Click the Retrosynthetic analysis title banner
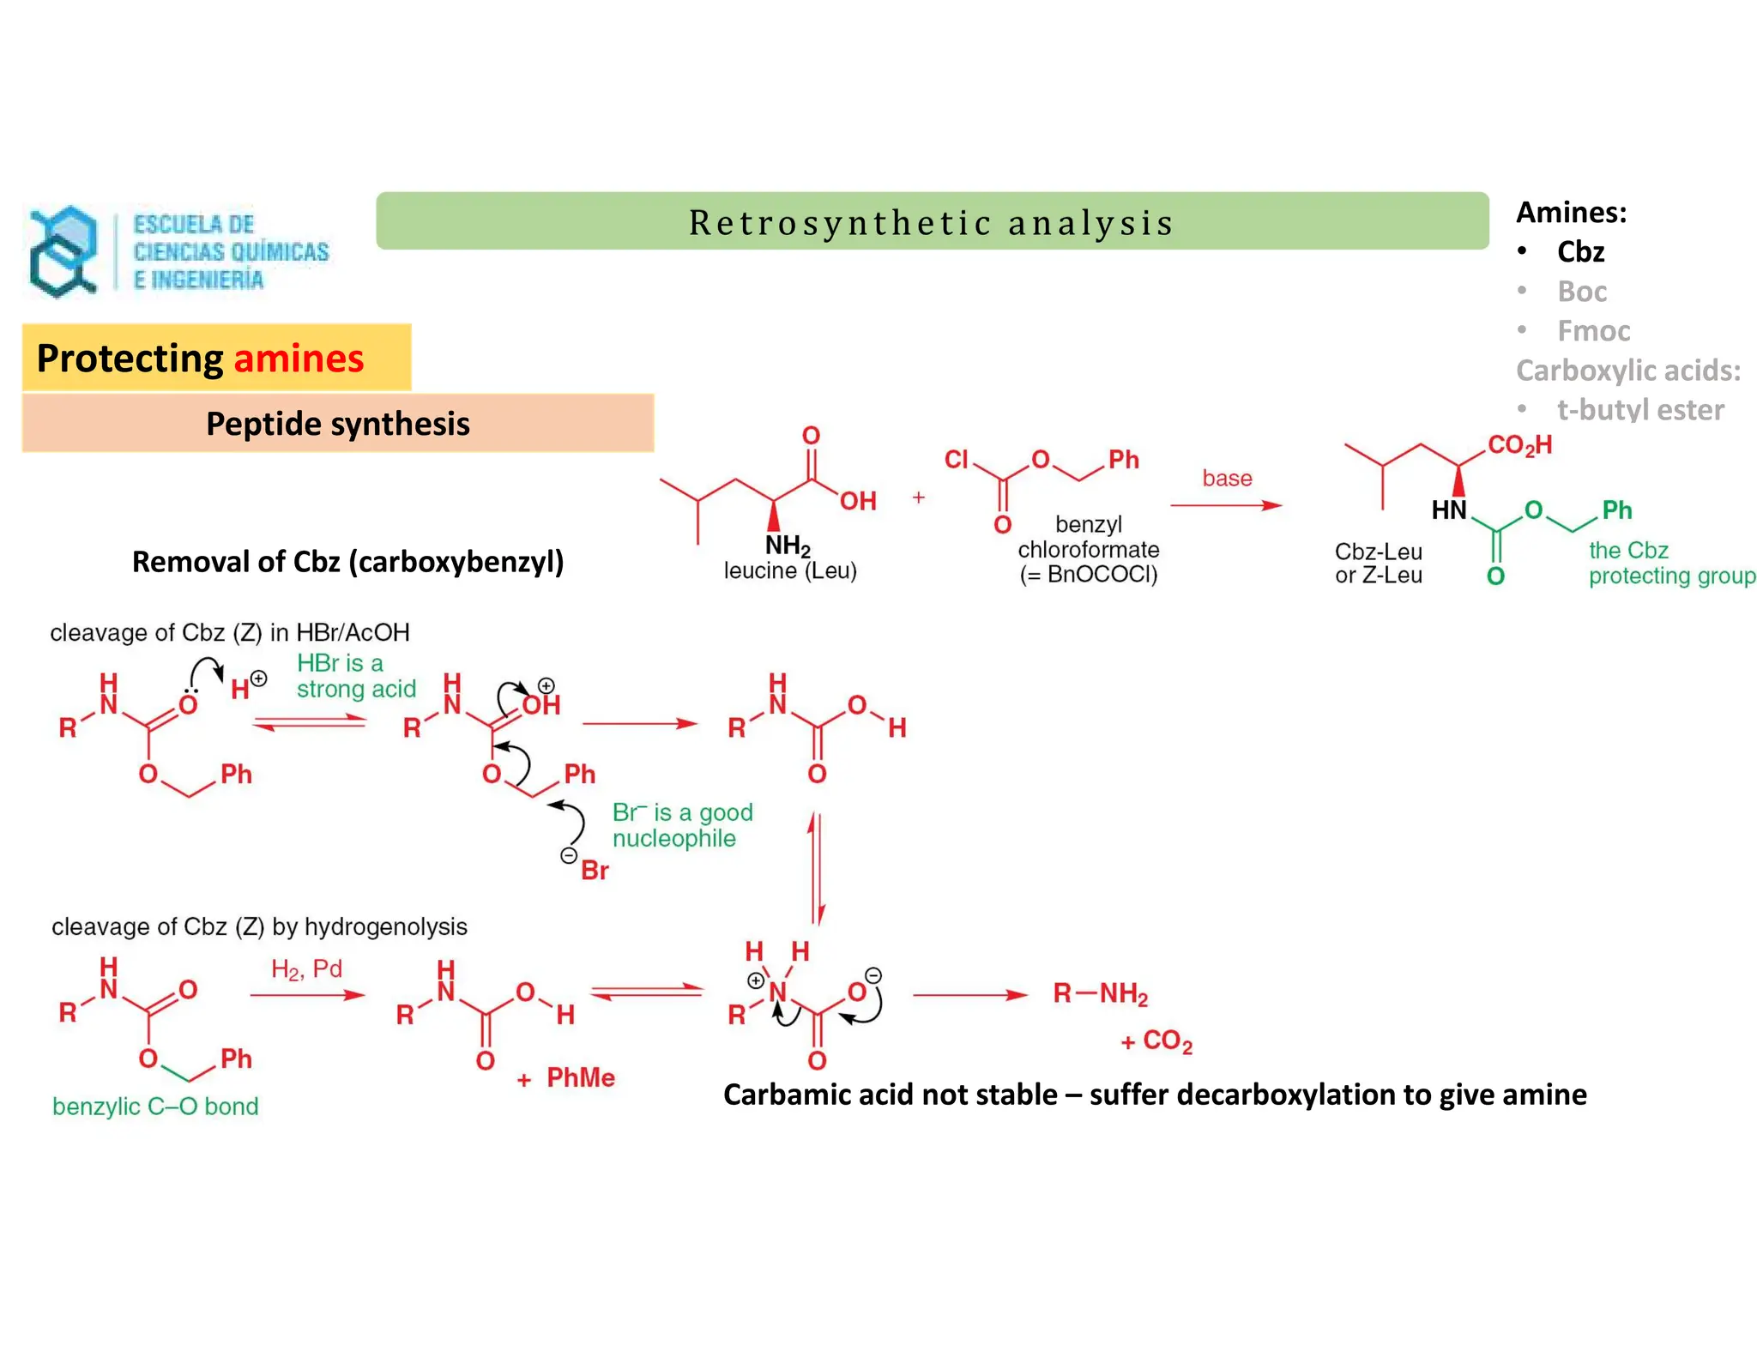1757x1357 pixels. click(x=932, y=222)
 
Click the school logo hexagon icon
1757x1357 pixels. click(x=62, y=251)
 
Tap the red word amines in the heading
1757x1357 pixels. click(x=299, y=359)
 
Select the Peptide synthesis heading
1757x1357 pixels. click(x=337, y=424)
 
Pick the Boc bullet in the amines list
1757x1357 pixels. click(x=1581, y=292)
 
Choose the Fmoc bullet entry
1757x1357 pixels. click(x=1593, y=331)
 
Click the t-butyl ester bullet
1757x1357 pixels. click(x=1639, y=410)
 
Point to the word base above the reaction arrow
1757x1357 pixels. click(x=1227, y=479)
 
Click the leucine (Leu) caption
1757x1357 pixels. click(x=790, y=571)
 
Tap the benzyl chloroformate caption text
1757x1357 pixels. click(x=1088, y=549)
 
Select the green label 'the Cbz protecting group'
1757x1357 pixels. click(x=1669, y=563)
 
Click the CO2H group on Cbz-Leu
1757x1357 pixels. click(x=1519, y=445)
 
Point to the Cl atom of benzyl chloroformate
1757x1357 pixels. click(x=957, y=460)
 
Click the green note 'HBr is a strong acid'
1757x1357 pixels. click(x=355, y=676)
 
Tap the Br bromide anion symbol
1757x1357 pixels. click(x=594, y=870)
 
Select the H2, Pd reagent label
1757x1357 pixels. click(x=306, y=969)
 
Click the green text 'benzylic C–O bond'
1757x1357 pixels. click(x=155, y=1107)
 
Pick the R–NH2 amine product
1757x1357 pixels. click(x=1100, y=993)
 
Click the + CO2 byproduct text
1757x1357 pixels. click(x=1156, y=1041)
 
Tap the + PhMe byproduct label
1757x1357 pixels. click(x=566, y=1078)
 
